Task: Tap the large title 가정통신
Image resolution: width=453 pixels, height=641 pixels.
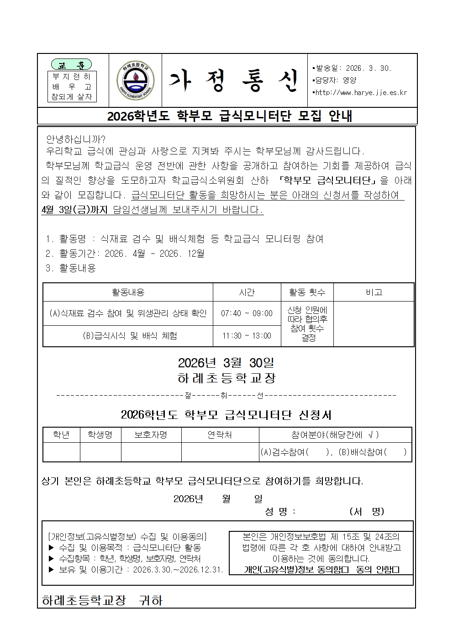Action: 233,81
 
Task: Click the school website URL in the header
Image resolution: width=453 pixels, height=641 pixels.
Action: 361,93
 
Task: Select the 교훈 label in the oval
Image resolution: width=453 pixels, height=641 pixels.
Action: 71,64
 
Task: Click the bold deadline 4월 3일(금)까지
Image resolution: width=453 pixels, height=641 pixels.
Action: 74,210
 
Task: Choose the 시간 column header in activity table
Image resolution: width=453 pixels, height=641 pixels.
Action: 247,292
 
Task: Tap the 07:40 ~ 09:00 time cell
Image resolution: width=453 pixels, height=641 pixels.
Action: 247,313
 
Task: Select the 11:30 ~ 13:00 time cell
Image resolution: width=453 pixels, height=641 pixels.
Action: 247,336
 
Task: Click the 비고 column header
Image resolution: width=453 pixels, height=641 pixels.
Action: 374,292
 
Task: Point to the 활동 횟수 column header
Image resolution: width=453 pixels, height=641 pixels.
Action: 307,292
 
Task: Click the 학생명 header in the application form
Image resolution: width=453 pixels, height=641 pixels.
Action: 100,435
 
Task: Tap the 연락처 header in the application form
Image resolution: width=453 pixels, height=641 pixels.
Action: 220,435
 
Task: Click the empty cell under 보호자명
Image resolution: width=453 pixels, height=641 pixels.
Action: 151,452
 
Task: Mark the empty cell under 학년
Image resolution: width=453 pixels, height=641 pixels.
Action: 61,452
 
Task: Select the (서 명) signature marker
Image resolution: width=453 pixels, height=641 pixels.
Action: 366,511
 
